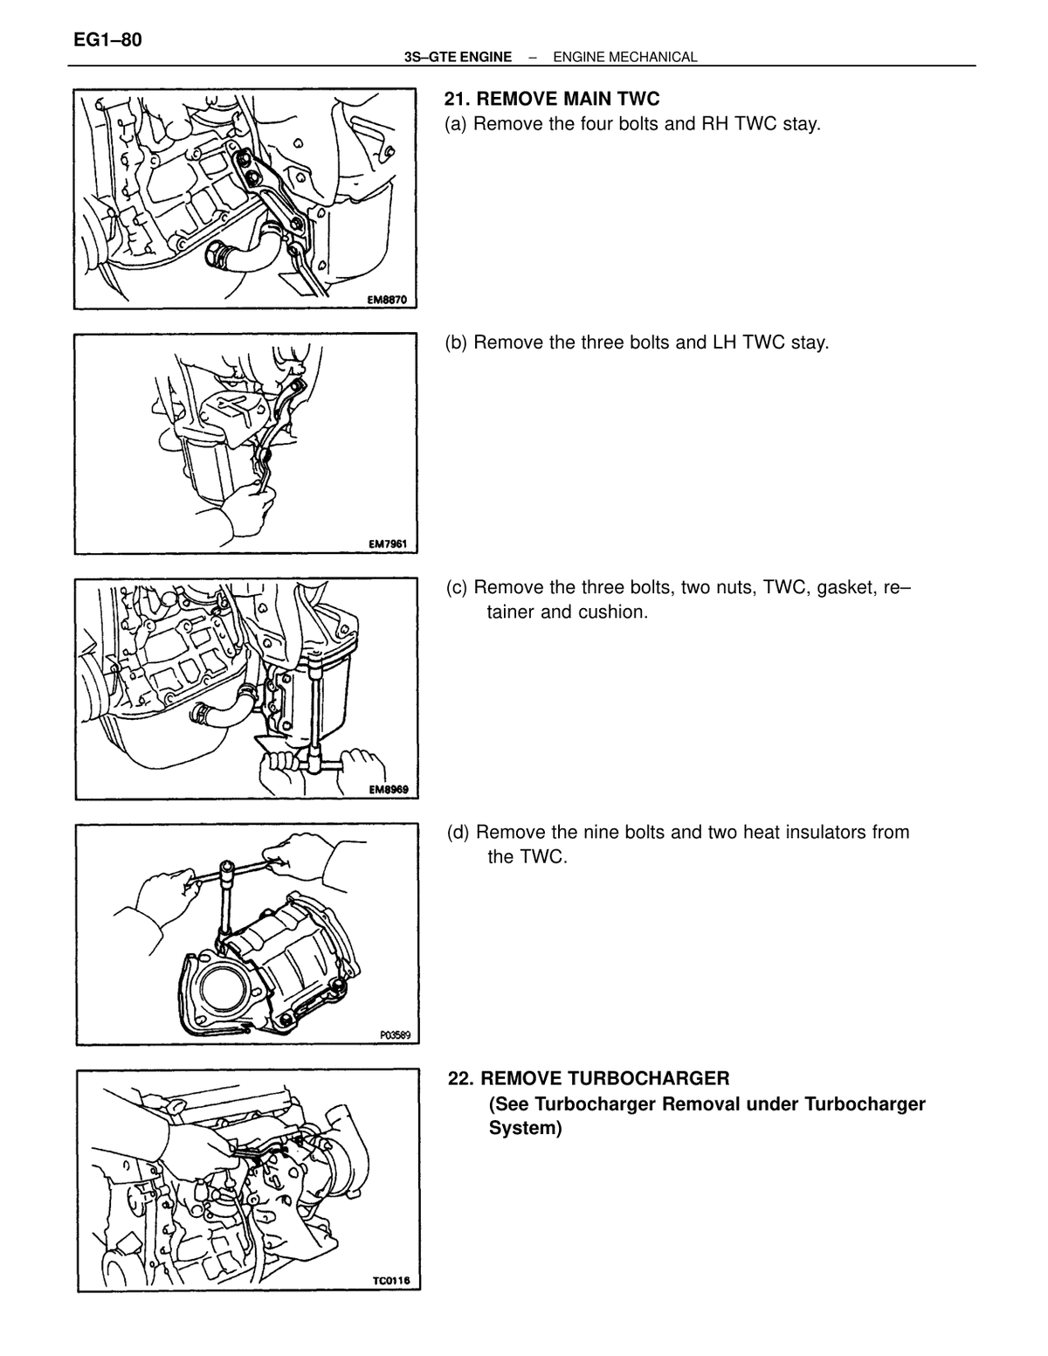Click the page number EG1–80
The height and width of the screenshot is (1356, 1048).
[107, 40]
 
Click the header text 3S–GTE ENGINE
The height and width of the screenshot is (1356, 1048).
[458, 58]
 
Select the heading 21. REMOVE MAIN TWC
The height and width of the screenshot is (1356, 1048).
[552, 99]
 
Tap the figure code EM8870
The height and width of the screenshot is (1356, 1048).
[387, 301]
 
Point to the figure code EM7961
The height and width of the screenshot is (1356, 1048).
[387, 544]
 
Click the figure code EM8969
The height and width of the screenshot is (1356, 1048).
[389, 789]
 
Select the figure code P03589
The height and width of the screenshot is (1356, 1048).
[396, 1035]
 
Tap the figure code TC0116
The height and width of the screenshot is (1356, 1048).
[391, 1281]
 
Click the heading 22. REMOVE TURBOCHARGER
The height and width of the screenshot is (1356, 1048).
[589, 1077]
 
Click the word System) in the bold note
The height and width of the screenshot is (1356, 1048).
[526, 1128]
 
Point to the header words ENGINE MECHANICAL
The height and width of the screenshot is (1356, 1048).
[625, 58]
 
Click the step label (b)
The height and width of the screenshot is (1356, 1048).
[456, 342]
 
